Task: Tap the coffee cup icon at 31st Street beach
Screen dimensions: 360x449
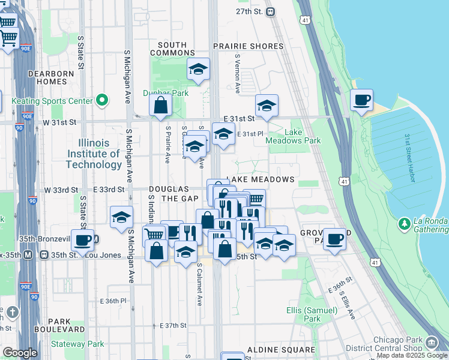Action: (x=361, y=100)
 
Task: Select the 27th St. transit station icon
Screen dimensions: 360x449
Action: (x=271, y=11)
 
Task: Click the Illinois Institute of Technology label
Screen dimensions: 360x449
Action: (x=93, y=154)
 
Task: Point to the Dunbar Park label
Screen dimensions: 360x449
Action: (x=165, y=93)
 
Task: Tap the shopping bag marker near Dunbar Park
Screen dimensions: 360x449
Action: (x=161, y=106)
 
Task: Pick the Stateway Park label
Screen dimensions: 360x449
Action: (x=77, y=344)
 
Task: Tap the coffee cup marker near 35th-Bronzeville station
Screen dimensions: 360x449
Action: (x=83, y=241)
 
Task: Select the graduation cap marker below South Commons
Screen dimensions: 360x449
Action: (x=197, y=70)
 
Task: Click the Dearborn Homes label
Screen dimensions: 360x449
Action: (x=51, y=77)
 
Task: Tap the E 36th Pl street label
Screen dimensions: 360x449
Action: (x=114, y=300)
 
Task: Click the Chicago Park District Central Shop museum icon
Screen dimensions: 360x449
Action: (x=432, y=343)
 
